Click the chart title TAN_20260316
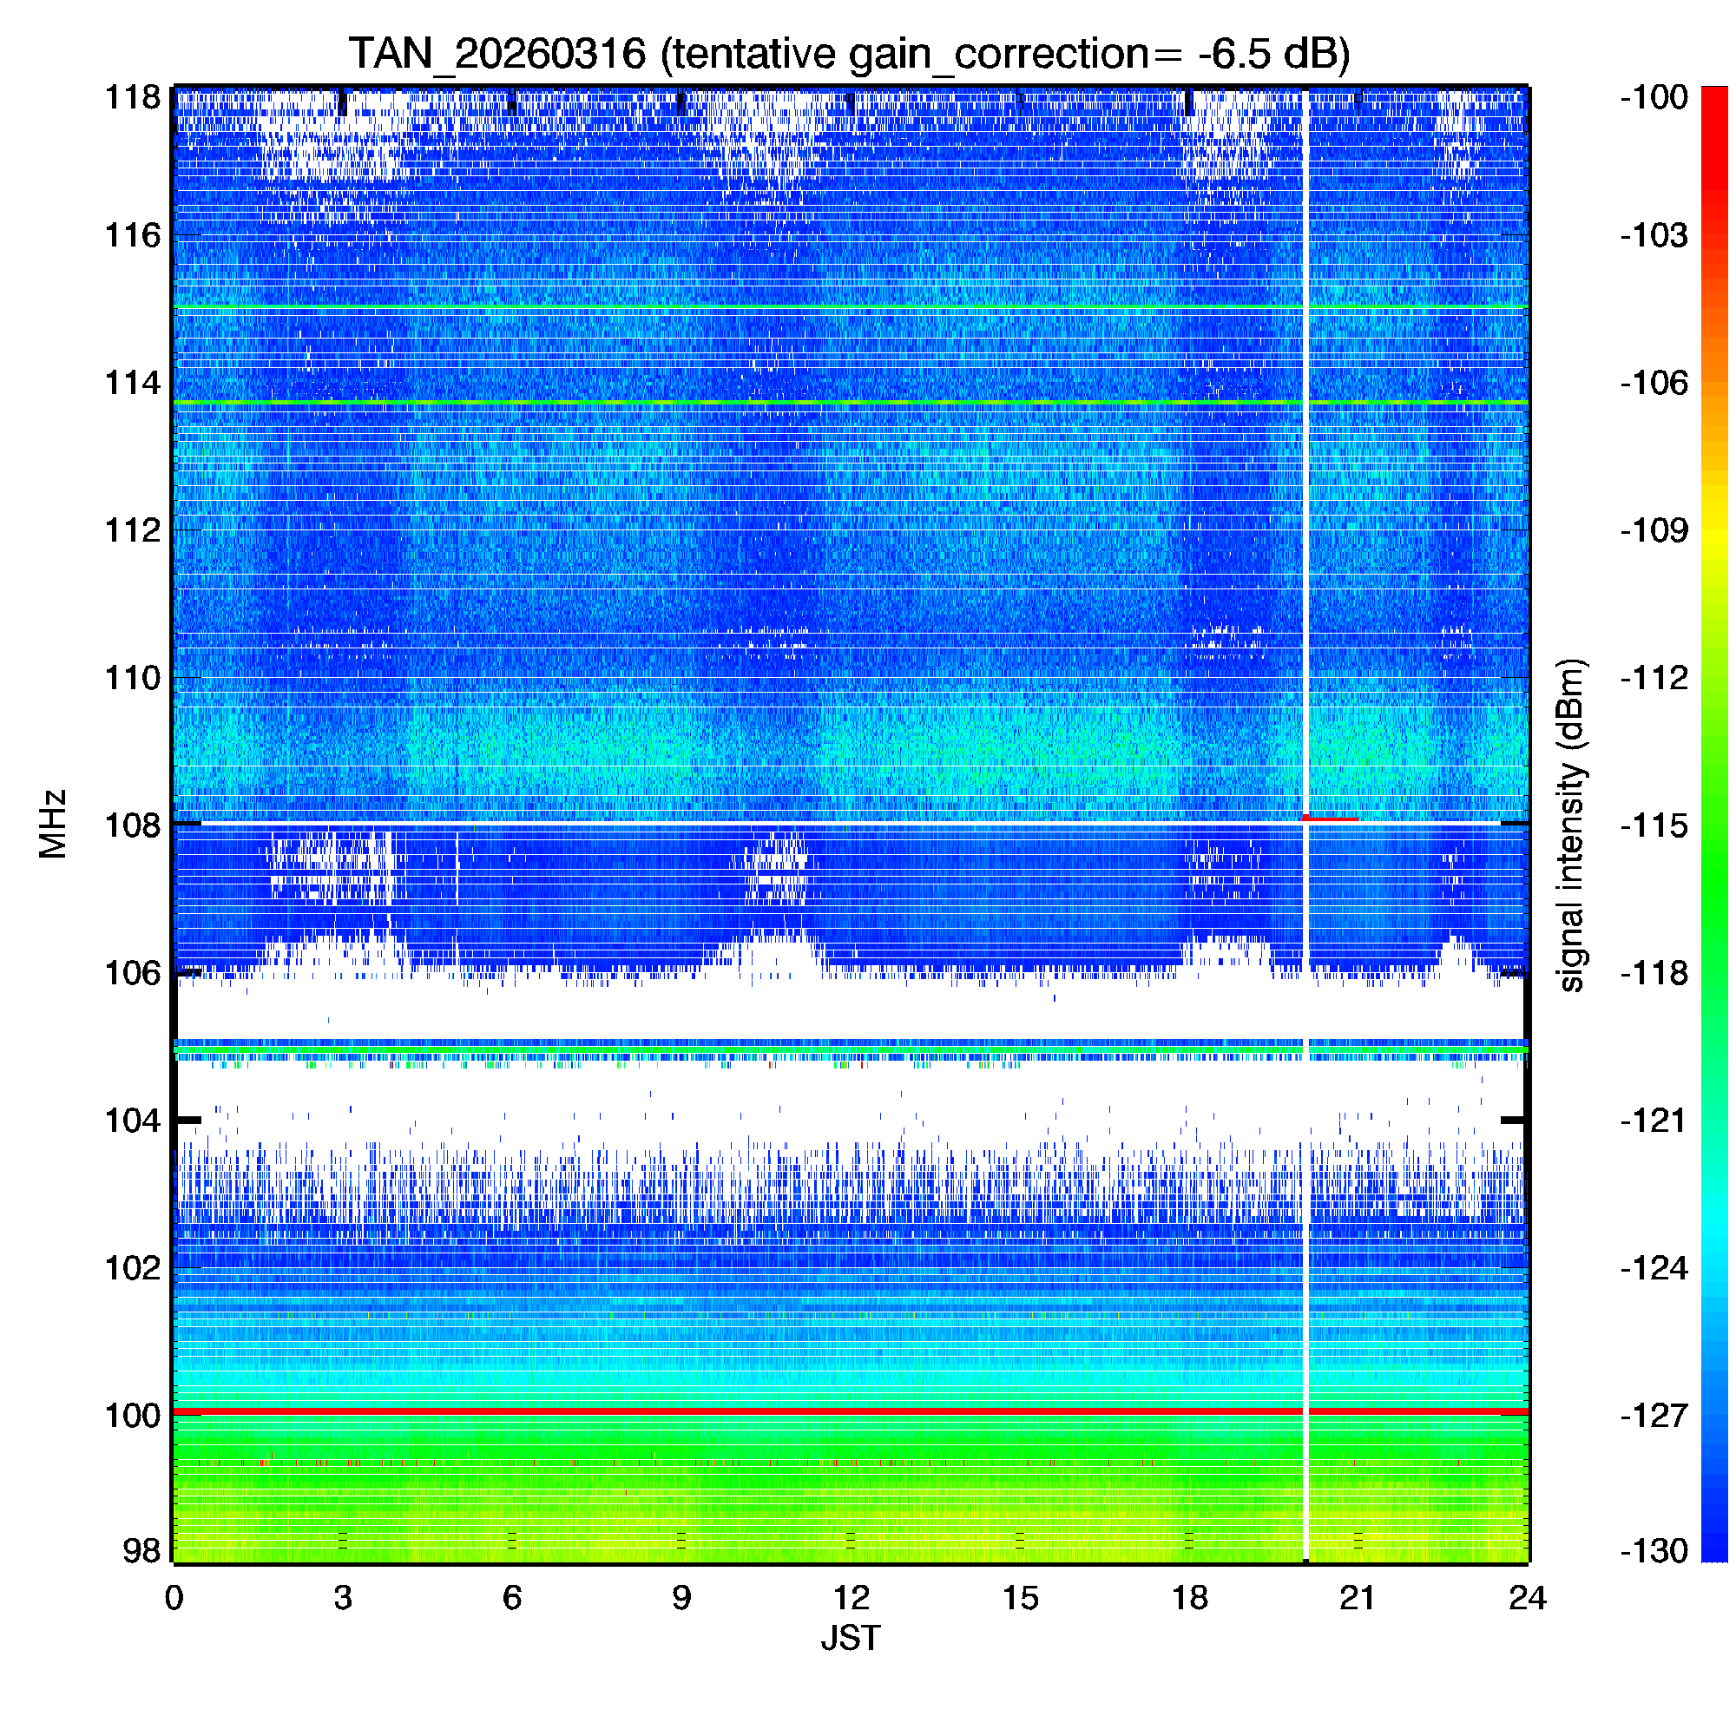pyautogui.click(x=496, y=54)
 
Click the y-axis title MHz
pyautogui.click(x=53, y=824)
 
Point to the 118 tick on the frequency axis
pyautogui.click(x=133, y=97)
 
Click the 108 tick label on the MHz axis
pyautogui.click(x=133, y=825)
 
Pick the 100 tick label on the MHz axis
pyautogui.click(x=133, y=1416)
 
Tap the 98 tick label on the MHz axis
pyautogui.click(x=141, y=1551)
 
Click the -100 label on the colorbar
pyautogui.click(x=1654, y=97)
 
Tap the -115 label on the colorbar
pyautogui.click(x=1654, y=825)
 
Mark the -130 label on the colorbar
pyautogui.click(x=1654, y=1551)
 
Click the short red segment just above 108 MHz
pyautogui.click(x=1331, y=819)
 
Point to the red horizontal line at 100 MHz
pyautogui.click(x=719, y=1412)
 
